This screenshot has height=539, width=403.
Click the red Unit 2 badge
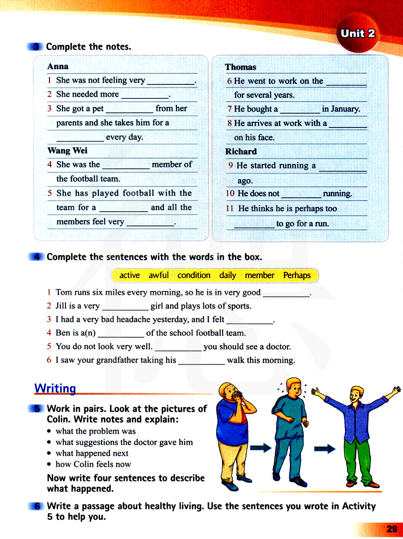(x=357, y=33)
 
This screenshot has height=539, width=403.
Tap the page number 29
(x=391, y=529)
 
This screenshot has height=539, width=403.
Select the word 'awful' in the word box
(x=158, y=275)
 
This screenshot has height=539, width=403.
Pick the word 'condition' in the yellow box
(x=194, y=275)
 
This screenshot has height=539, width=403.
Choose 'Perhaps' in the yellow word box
(x=297, y=275)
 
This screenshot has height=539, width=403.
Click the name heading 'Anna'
(x=58, y=66)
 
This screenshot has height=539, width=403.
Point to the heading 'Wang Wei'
(x=67, y=150)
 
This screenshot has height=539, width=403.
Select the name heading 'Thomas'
(x=240, y=67)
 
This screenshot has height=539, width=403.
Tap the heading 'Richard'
(x=241, y=151)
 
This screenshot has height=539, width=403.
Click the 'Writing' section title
(x=55, y=388)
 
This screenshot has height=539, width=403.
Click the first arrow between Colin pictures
(x=260, y=448)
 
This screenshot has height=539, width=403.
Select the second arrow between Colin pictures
(x=324, y=449)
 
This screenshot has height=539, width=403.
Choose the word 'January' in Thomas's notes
(x=341, y=109)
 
